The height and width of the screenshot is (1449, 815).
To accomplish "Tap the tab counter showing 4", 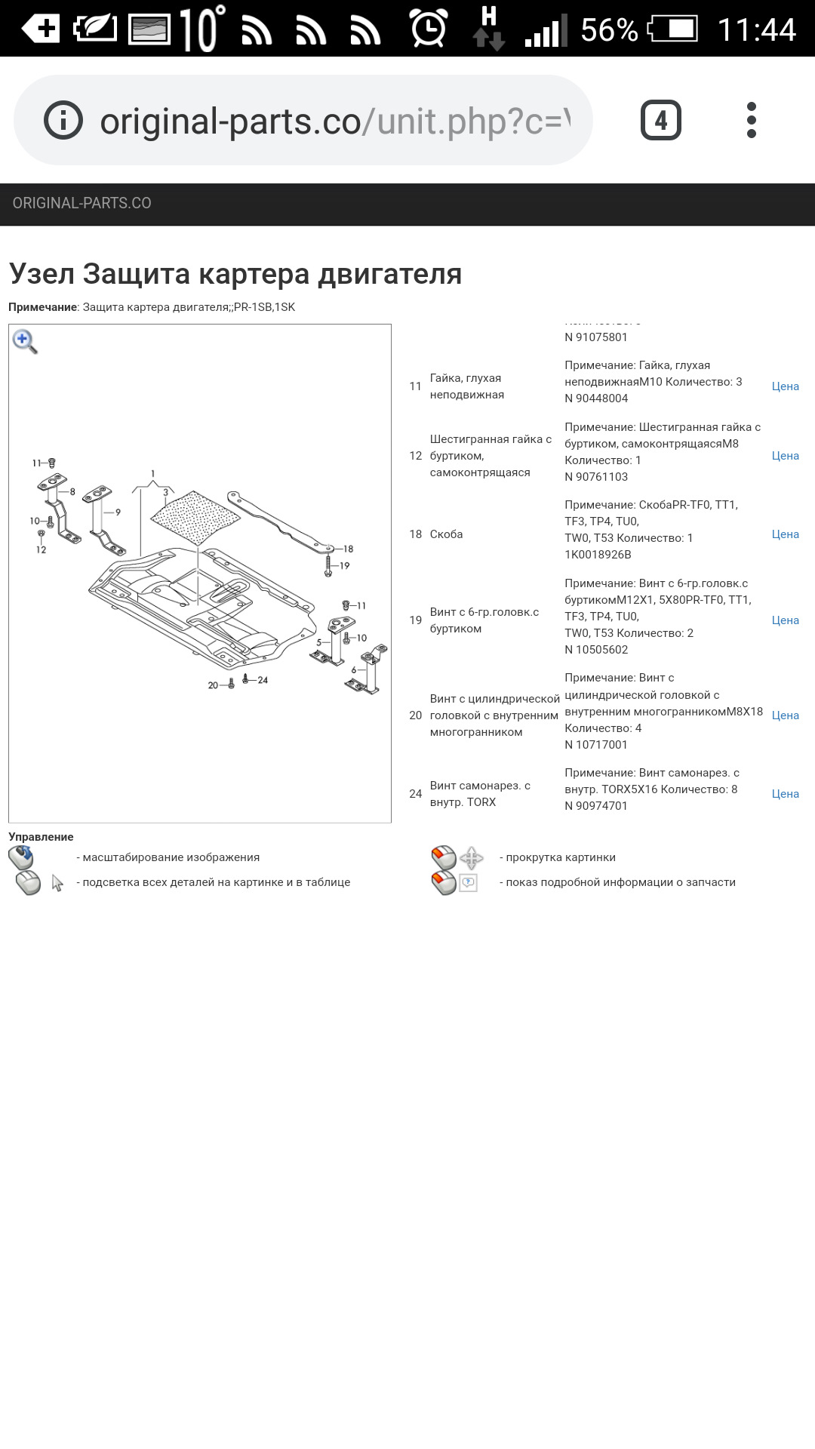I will [660, 120].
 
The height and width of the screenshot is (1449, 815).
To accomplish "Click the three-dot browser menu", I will [751, 120].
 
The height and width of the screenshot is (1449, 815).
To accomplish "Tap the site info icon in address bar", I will [63, 120].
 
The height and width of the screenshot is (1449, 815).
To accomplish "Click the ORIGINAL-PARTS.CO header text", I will [82, 203].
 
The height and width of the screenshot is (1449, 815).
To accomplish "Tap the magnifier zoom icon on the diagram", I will [24, 341].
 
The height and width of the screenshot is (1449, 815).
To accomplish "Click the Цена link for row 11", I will [785, 386].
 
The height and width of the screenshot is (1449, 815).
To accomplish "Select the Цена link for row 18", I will [785, 534].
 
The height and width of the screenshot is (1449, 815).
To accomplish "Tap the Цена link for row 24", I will [785, 794].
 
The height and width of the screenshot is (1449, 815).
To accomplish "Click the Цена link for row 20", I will [785, 715].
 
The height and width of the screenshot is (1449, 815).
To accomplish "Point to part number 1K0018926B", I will [598, 555].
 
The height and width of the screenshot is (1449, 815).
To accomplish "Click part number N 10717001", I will [596, 745].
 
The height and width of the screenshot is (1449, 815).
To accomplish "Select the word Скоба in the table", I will [446, 534].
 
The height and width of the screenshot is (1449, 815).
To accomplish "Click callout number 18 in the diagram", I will [348, 549].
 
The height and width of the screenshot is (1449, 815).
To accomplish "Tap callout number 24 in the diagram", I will [263, 680].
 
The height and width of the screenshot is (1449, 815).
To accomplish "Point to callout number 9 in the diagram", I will [118, 512].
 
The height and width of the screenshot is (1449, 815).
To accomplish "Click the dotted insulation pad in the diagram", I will [195, 517].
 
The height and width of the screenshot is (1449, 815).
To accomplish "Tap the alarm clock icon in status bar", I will [429, 29].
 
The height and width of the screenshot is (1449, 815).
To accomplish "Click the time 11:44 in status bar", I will [756, 29].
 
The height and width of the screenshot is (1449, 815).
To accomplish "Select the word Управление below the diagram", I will [41, 837].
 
